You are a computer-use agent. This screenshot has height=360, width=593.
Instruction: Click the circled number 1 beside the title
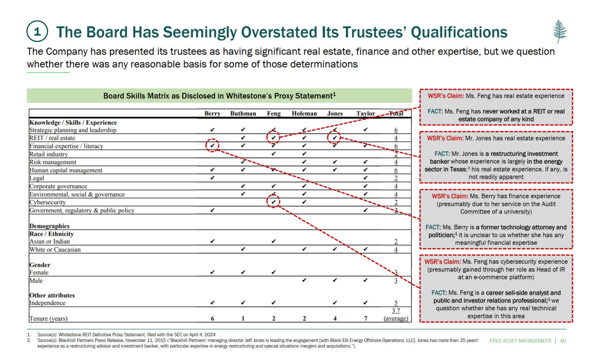click(x=38, y=32)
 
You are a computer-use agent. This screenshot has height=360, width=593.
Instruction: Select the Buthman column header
click(x=243, y=113)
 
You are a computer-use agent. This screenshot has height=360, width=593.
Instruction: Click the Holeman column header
click(x=304, y=113)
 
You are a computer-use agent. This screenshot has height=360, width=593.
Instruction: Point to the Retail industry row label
click(x=49, y=154)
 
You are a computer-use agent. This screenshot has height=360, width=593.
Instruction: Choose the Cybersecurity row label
click(x=47, y=202)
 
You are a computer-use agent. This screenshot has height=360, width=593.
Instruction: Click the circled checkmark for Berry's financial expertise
click(x=213, y=145)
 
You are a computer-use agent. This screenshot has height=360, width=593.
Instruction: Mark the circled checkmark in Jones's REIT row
click(x=335, y=138)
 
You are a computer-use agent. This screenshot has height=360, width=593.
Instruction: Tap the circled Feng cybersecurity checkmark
click(x=274, y=202)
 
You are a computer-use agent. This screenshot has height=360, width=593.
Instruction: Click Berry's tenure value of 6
click(x=212, y=319)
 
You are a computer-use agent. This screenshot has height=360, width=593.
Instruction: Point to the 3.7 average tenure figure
click(x=395, y=311)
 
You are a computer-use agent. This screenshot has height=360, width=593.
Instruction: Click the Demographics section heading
click(x=49, y=226)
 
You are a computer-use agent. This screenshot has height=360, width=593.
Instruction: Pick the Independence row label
click(x=47, y=303)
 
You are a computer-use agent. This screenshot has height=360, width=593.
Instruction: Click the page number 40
click(x=563, y=341)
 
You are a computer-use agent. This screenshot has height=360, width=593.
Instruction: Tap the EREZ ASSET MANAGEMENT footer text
click(x=521, y=341)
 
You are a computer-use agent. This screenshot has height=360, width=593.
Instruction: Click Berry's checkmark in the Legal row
click(x=213, y=178)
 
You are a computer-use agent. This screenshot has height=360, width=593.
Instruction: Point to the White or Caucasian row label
click(x=55, y=250)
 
